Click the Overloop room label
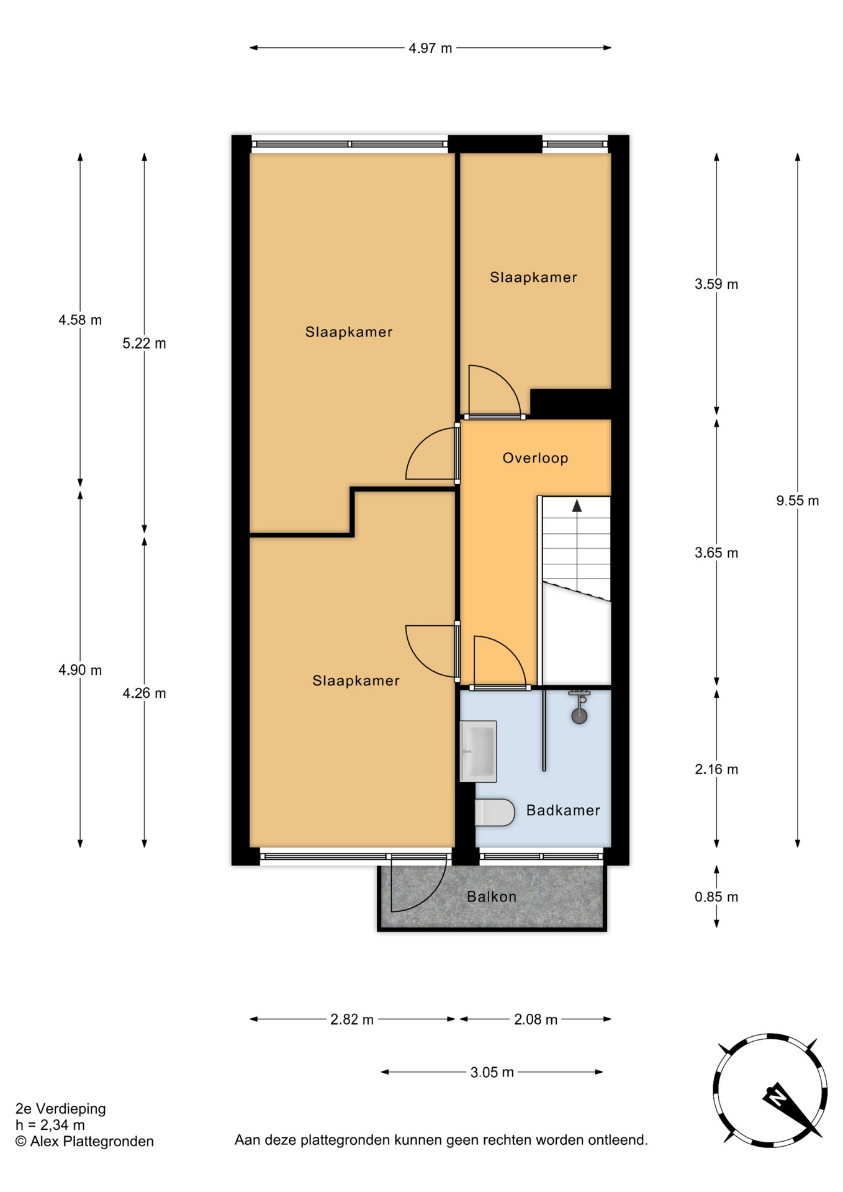pos(535,458)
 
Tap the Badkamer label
pos(563,810)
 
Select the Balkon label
pos(492,896)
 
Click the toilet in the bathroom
pos(495,812)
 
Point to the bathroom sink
pos(478,751)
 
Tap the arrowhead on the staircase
pos(577,505)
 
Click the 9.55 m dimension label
pos(797,500)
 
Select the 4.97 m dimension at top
pos(430,48)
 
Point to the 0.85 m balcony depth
pos(716,896)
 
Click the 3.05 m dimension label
pos(492,1072)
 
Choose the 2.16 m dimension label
pos(716,769)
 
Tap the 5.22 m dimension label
pos(144,343)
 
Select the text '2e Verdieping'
pos(61,1108)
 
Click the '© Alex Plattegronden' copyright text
pos(84,1141)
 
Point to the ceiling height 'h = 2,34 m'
pos(50,1124)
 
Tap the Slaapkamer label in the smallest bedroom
pos(533,278)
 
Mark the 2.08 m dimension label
pos(536,1019)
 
